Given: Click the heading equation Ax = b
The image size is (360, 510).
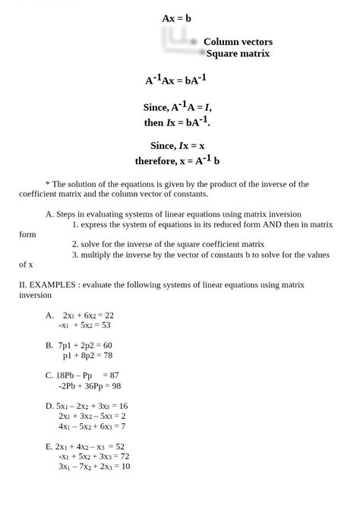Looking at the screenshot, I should (176, 17).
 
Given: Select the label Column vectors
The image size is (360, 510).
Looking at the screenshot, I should (238, 42).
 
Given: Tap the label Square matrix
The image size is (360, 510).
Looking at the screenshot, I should (238, 54).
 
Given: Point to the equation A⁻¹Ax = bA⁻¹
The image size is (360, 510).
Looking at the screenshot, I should (176, 79).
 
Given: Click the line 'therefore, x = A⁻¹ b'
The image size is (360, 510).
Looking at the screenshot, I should (177, 160).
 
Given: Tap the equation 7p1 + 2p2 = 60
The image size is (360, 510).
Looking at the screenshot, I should (85, 345).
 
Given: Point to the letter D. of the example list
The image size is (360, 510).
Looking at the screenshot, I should (50, 406).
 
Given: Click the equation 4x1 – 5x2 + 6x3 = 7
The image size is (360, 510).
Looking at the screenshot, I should (92, 426).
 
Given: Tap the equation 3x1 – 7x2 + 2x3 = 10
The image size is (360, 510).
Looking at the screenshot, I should (93, 467).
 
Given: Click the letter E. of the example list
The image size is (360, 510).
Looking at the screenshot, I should (49, 447).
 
